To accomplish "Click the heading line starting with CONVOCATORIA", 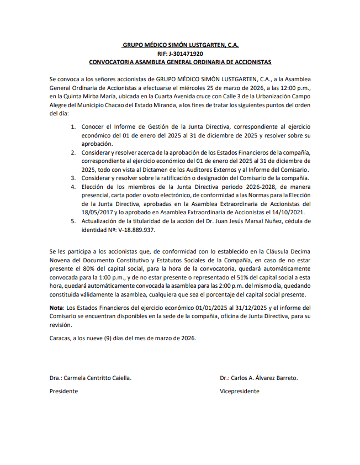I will click(x=180, y=62).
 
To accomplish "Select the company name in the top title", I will click(x=180, y=45).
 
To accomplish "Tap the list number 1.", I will click(x=73, y=127).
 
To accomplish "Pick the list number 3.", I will click(x=73, y=178).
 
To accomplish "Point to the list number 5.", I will click(x=73, y=221).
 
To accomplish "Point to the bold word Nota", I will click(x=56, y=308).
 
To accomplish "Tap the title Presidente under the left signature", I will click(x=63, y=391).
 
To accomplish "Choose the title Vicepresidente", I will click(x=239, y=391).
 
